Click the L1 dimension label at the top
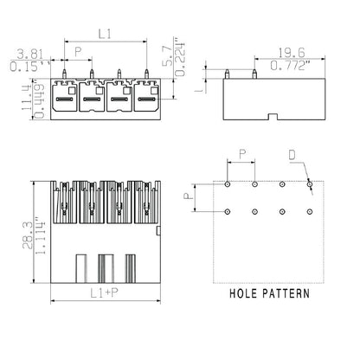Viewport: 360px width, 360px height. coord(104,34)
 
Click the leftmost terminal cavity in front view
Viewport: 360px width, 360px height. coord(63,97)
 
